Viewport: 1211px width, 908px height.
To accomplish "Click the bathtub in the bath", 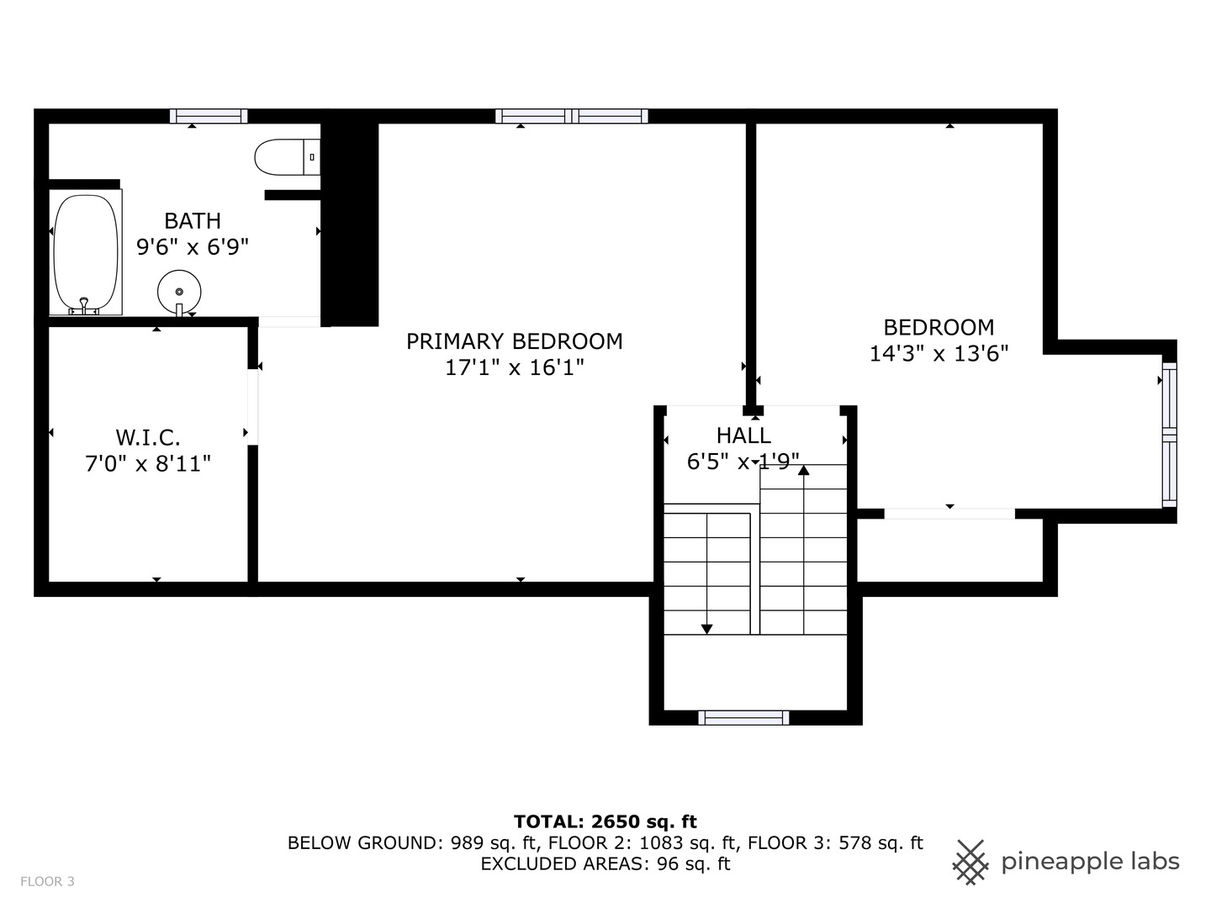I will click(x=86, y=252).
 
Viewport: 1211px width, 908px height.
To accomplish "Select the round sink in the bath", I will click(x=179, y=291).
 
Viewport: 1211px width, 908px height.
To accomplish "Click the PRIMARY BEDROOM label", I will click(x=514, y=341).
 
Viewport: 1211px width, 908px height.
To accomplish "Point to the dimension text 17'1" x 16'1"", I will click(x=514, y=367).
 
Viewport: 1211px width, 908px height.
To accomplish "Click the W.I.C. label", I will click(x=148, y=437).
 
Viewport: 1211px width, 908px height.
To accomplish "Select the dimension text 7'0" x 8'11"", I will click(x=148, y=463).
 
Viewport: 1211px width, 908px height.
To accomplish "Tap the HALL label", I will click(x=743, y=436).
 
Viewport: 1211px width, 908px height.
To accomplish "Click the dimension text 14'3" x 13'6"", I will click(x=939, y=353).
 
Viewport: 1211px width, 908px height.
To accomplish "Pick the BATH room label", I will click(x=193, y=221).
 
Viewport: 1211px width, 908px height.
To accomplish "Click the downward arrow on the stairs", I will click(x=706, y=627).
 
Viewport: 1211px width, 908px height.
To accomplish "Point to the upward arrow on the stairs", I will click(x=803, y=470).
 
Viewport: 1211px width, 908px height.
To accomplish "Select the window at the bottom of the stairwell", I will click(x=743, y=717).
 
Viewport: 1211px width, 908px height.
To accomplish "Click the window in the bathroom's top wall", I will click(x=209, y=116).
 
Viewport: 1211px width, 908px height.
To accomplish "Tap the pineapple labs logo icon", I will click(x=970, y=862).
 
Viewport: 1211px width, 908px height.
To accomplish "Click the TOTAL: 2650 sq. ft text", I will click(x=605, y=821).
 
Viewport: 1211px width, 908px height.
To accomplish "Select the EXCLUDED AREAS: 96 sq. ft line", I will click(x=605, y=863).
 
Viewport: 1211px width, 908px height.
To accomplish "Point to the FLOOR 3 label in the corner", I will click(x=47, y=881).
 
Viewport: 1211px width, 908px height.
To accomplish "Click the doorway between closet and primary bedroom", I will click(x=252, y=407).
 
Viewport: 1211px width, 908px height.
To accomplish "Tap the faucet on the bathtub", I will click(x=83, y=305).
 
